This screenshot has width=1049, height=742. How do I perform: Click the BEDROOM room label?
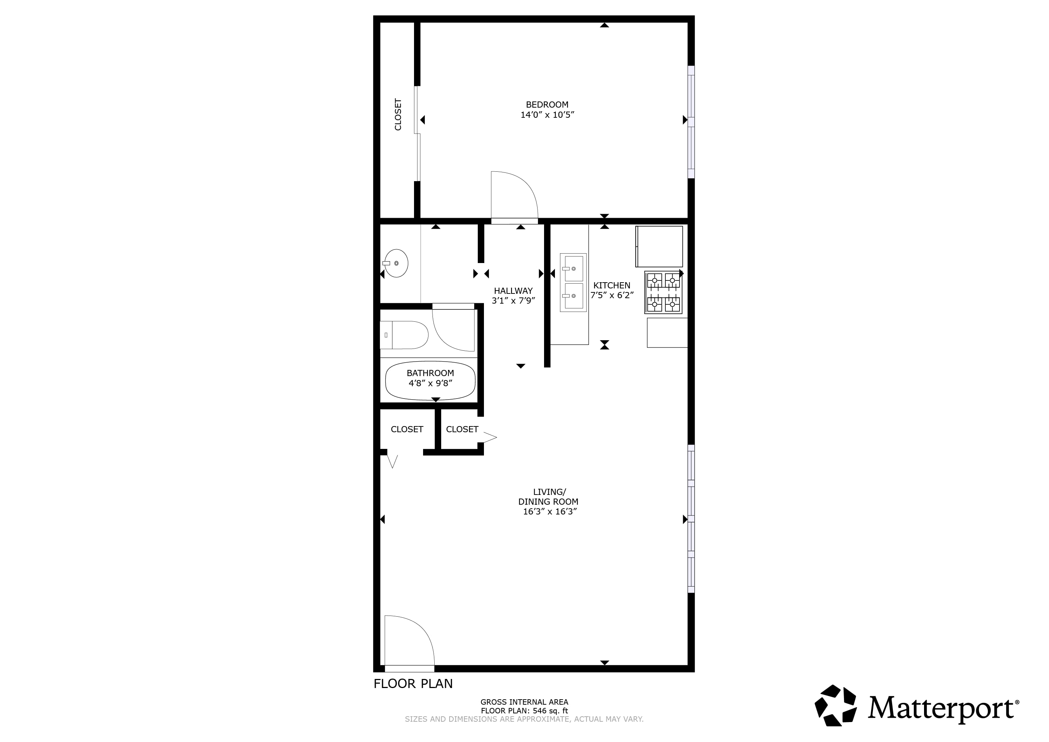(x=547, y=105)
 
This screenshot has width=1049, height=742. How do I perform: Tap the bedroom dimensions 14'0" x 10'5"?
(x=547, y=115)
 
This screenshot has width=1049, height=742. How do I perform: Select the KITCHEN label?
(x=611, y=285)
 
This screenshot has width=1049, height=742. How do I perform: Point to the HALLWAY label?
(x=513, y=291)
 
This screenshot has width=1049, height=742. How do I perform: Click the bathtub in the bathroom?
(x=430, y=380)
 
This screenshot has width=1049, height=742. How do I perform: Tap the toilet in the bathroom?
(x=404, y=335)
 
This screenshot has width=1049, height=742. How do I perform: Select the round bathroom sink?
(x=396, y=263)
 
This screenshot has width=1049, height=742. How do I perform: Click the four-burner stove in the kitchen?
(x=663, y=292)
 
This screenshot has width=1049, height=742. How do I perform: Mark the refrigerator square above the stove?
(x=659, y=247)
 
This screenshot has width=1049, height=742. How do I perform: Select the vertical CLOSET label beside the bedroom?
(x=398, y=115)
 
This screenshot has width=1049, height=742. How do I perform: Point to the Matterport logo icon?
(x=835, y=705)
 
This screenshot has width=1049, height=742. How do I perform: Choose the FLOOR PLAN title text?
(x=413, y=684)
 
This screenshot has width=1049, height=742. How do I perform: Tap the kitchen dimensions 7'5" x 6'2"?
(x=612, y=295)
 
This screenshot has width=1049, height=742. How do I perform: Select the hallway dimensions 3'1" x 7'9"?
(x=513, y=301)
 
